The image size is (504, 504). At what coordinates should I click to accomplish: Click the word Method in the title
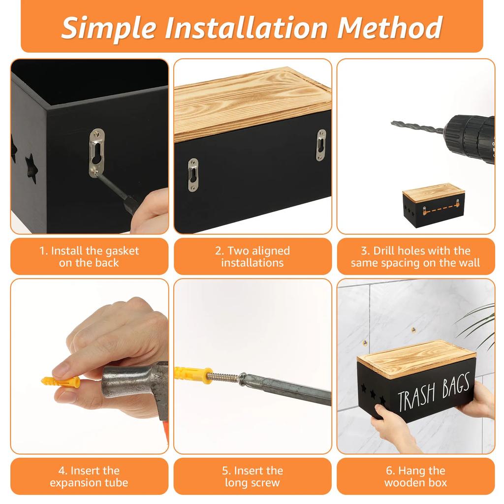(x=390, y=28)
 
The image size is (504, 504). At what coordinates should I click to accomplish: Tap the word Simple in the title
(x=109, y=28)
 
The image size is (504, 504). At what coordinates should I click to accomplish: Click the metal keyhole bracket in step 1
(x=97, y=153)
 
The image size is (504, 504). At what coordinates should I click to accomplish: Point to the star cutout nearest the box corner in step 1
(x=31, y=168)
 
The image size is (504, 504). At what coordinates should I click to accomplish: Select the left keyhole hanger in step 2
(x=193, y=175)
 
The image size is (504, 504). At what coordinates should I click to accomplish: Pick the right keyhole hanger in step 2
(x=321, y=145)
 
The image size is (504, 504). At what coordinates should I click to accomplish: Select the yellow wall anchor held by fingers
(x=61, y=382)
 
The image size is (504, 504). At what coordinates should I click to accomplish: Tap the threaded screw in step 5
(x=224, y=377)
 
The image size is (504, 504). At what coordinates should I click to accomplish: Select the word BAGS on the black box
(x=456, y=384)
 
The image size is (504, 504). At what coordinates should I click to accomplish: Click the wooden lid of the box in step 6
(x=416, y=359)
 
